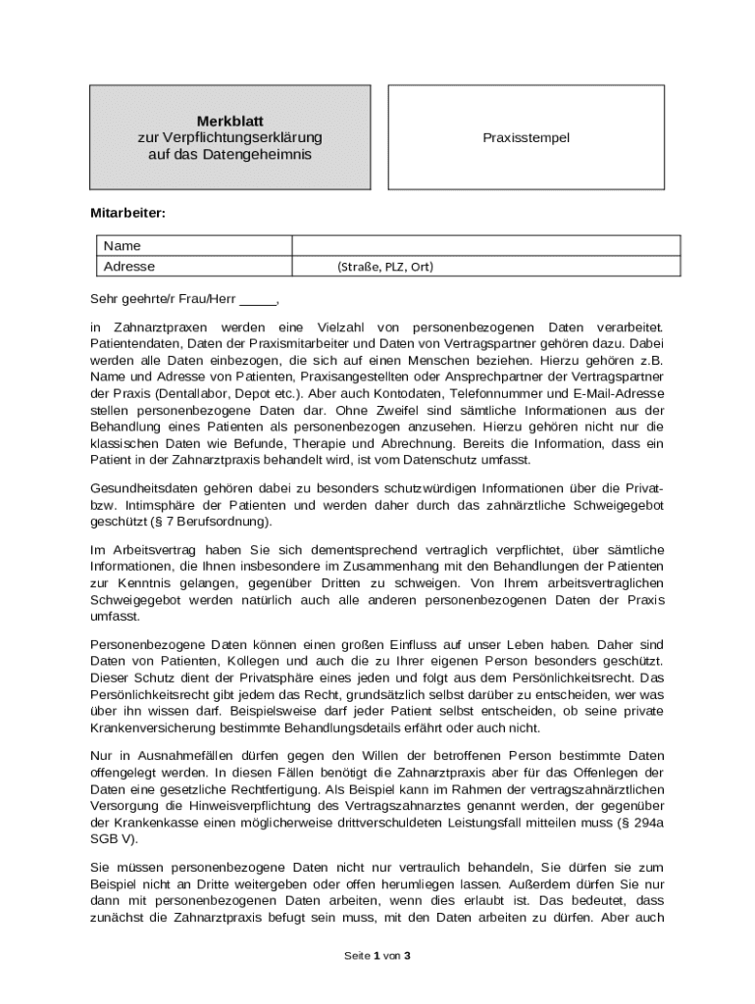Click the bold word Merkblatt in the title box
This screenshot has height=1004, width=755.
coord(229,121)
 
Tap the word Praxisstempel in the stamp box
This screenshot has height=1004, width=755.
coord(526,138)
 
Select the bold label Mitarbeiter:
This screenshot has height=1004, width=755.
coord(128,212)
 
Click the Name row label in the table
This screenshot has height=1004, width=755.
coord(122,245)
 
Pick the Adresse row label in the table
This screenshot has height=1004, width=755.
coord(129,266)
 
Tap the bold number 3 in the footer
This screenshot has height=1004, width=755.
coord(407,955)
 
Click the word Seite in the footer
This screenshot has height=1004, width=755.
coord(356,955)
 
